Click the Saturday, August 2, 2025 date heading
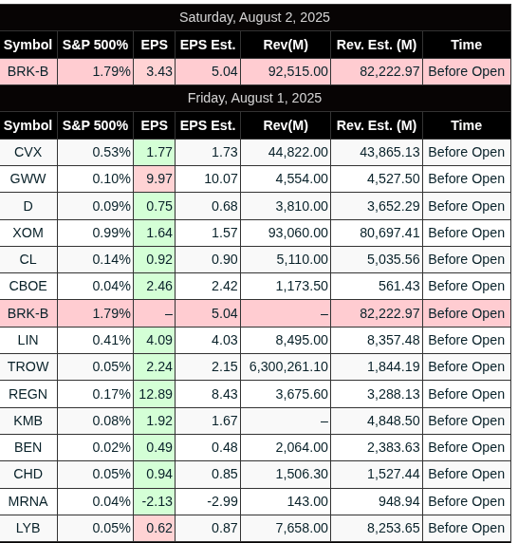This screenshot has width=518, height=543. tap(254, 17)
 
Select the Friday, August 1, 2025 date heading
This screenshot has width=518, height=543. tap(254, 98)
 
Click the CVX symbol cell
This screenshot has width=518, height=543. tap(28, 152)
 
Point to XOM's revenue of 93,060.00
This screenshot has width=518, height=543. tap(298, 233)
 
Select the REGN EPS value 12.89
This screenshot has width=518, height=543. tap(156, 394)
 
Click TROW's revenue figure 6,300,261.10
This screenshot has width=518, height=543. tap(288, 366)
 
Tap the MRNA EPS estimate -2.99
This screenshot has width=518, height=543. tap(222, 501)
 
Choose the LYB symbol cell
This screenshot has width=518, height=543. tap(28, 528)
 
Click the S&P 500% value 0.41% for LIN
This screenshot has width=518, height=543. tap(111, 340)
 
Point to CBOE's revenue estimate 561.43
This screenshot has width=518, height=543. tap(399, 286)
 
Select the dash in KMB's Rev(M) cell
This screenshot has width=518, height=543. tap(324, 421)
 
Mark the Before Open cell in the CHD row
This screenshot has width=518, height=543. tap(466, 474)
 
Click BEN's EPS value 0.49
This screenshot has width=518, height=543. tap(159, 447)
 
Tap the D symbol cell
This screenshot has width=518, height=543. tap(28, 206)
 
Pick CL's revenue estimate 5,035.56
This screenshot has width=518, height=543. tap(394, 259)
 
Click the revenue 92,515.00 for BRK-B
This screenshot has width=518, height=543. tap(298, 71)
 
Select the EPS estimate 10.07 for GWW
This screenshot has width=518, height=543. tap(221, 178)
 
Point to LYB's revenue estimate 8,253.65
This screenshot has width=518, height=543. tap(394, 528)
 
